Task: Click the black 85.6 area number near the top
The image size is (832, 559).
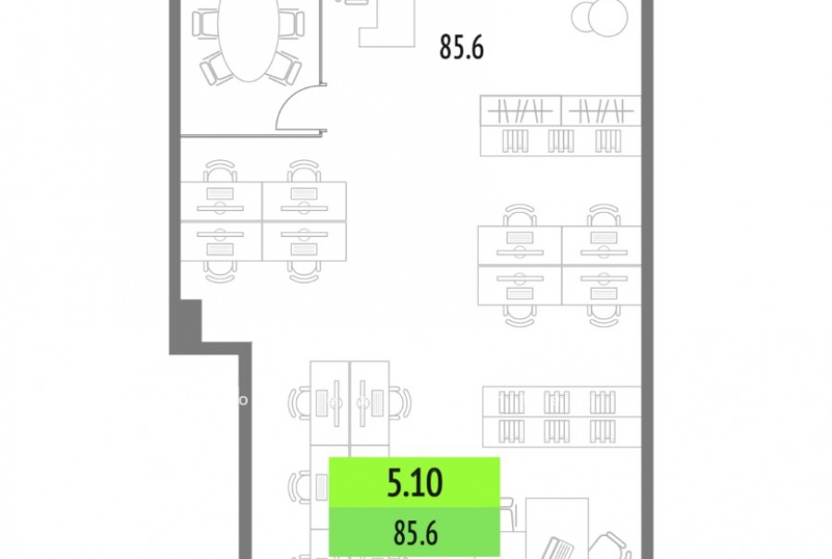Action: tap(461, 47)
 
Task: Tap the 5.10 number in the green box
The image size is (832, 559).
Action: tap(414, 482)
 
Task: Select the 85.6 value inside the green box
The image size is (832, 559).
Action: tap(415, 533)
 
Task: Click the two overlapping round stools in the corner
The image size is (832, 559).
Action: tap(600, 17)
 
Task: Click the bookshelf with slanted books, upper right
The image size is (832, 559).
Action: tap(560, 126)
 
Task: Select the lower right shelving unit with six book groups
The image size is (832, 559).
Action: tap(562, 417)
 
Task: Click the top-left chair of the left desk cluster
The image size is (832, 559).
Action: tap(220, 170)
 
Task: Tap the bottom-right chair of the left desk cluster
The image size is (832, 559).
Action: tap(304, 272)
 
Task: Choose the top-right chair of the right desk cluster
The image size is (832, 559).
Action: tap(604, 216)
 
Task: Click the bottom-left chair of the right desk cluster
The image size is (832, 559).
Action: tap(520, 316)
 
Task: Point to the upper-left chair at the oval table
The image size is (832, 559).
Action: tap(205, 23)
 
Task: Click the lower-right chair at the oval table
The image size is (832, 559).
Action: tap(285, 68)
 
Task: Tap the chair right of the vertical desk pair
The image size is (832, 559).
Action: tap(400, 404)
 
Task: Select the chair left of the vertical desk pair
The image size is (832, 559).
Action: tap(300, 404)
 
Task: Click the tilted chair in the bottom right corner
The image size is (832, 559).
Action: tap(610, 546)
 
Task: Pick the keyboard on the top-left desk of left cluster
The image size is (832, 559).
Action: tap(220, 193)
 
